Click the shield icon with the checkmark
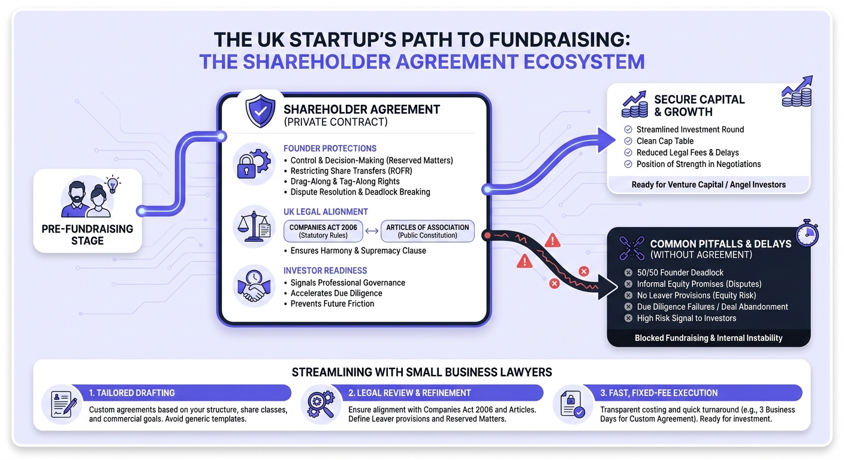260,111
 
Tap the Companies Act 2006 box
323,231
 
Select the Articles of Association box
427,231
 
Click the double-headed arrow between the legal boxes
372,231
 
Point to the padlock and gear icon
254,164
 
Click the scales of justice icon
254,226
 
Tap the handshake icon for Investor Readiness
254,286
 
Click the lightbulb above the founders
112,184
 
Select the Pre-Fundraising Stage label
88,235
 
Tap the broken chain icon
632,248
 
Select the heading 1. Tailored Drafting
132,393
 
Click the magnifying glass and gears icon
321,404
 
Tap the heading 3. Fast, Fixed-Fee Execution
659,393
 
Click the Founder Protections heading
330,149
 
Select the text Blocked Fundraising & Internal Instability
709,338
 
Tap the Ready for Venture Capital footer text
709,185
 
